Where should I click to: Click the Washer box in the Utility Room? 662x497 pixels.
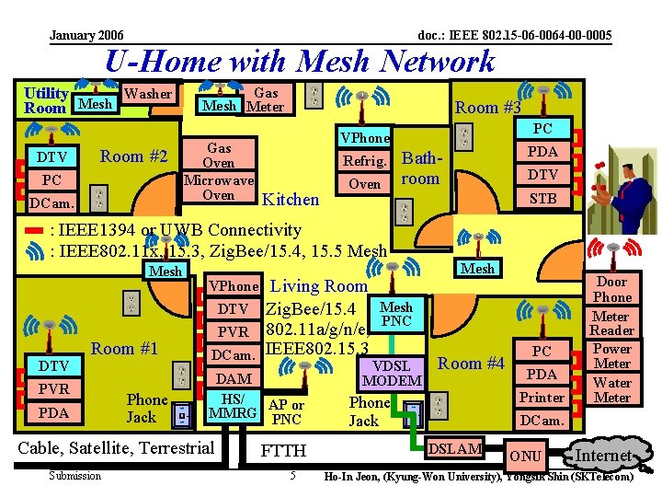point(147,94)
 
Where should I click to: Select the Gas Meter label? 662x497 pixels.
point(266,99)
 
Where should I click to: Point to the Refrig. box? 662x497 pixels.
point(365,160)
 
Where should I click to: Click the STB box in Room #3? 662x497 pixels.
point(542,197)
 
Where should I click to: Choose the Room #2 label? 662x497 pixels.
point(134,156)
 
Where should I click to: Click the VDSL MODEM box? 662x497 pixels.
point(393,373)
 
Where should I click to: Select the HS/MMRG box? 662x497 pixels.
point(234,406)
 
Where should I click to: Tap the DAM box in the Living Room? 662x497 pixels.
point(234,378)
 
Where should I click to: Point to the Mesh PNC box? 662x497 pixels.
point(396,314)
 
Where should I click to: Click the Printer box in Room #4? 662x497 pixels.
point(542,398)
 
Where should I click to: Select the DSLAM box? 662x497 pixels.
point(456,449)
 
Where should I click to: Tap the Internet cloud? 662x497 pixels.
point(603,456)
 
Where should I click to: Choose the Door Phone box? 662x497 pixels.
point(612,290)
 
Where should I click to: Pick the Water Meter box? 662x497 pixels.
point(612,390)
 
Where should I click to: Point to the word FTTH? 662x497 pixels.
point(284,451)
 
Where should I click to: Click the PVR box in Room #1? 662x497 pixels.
point(54,389)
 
